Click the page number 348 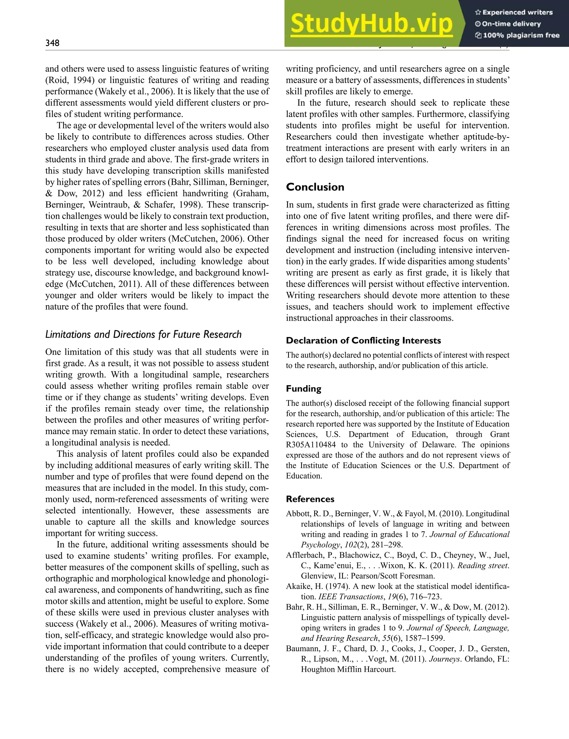click(53, 43)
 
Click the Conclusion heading click(315, 187)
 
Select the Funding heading click(303, 389)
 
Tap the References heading click(310, 499)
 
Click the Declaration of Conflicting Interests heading click(363, 340)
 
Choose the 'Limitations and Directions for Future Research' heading click(143, 334)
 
